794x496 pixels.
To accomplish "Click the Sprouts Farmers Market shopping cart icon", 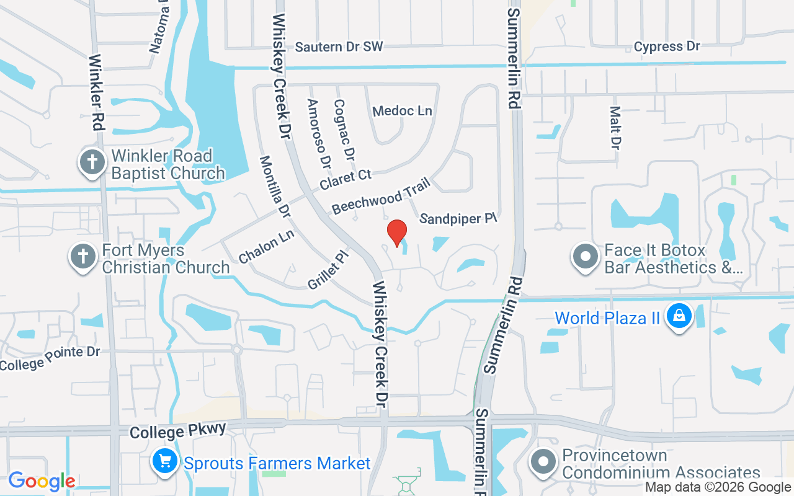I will (165, 463).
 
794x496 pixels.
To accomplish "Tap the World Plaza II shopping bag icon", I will (679, 317).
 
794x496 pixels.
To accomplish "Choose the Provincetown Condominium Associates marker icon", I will (544, 463).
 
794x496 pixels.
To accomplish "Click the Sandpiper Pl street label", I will (459, 219).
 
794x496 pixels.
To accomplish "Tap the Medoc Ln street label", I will (402, 111).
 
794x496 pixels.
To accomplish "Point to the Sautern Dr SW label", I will (339, 46).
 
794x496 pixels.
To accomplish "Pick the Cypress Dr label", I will (667, 46).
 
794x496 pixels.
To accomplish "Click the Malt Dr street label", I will (615, 128).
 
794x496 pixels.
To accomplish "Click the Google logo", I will (42, 481).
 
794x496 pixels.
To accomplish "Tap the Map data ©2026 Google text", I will (718, 487).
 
